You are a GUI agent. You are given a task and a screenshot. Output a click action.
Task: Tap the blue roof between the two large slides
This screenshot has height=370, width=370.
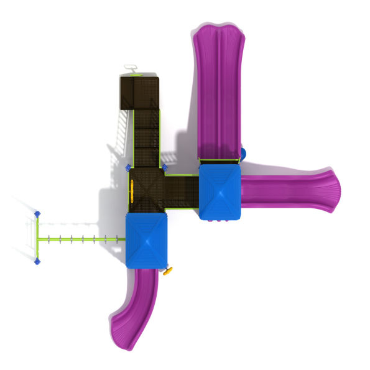[x=220, y=192]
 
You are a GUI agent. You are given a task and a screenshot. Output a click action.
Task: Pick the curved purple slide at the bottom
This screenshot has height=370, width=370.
[x=138, y=305]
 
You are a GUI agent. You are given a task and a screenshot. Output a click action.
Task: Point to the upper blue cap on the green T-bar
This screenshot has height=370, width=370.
[x=37, y=215]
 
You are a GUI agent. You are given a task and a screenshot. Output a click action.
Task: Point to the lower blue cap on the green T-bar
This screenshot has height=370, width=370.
[x=37, y=262]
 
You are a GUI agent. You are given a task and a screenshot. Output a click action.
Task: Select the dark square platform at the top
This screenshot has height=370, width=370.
[x=139, y=91]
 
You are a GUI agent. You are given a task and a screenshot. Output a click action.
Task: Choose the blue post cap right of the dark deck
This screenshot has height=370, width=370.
[x=165, y=167]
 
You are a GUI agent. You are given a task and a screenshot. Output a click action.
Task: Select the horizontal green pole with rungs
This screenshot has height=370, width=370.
[x=81, y=239]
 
